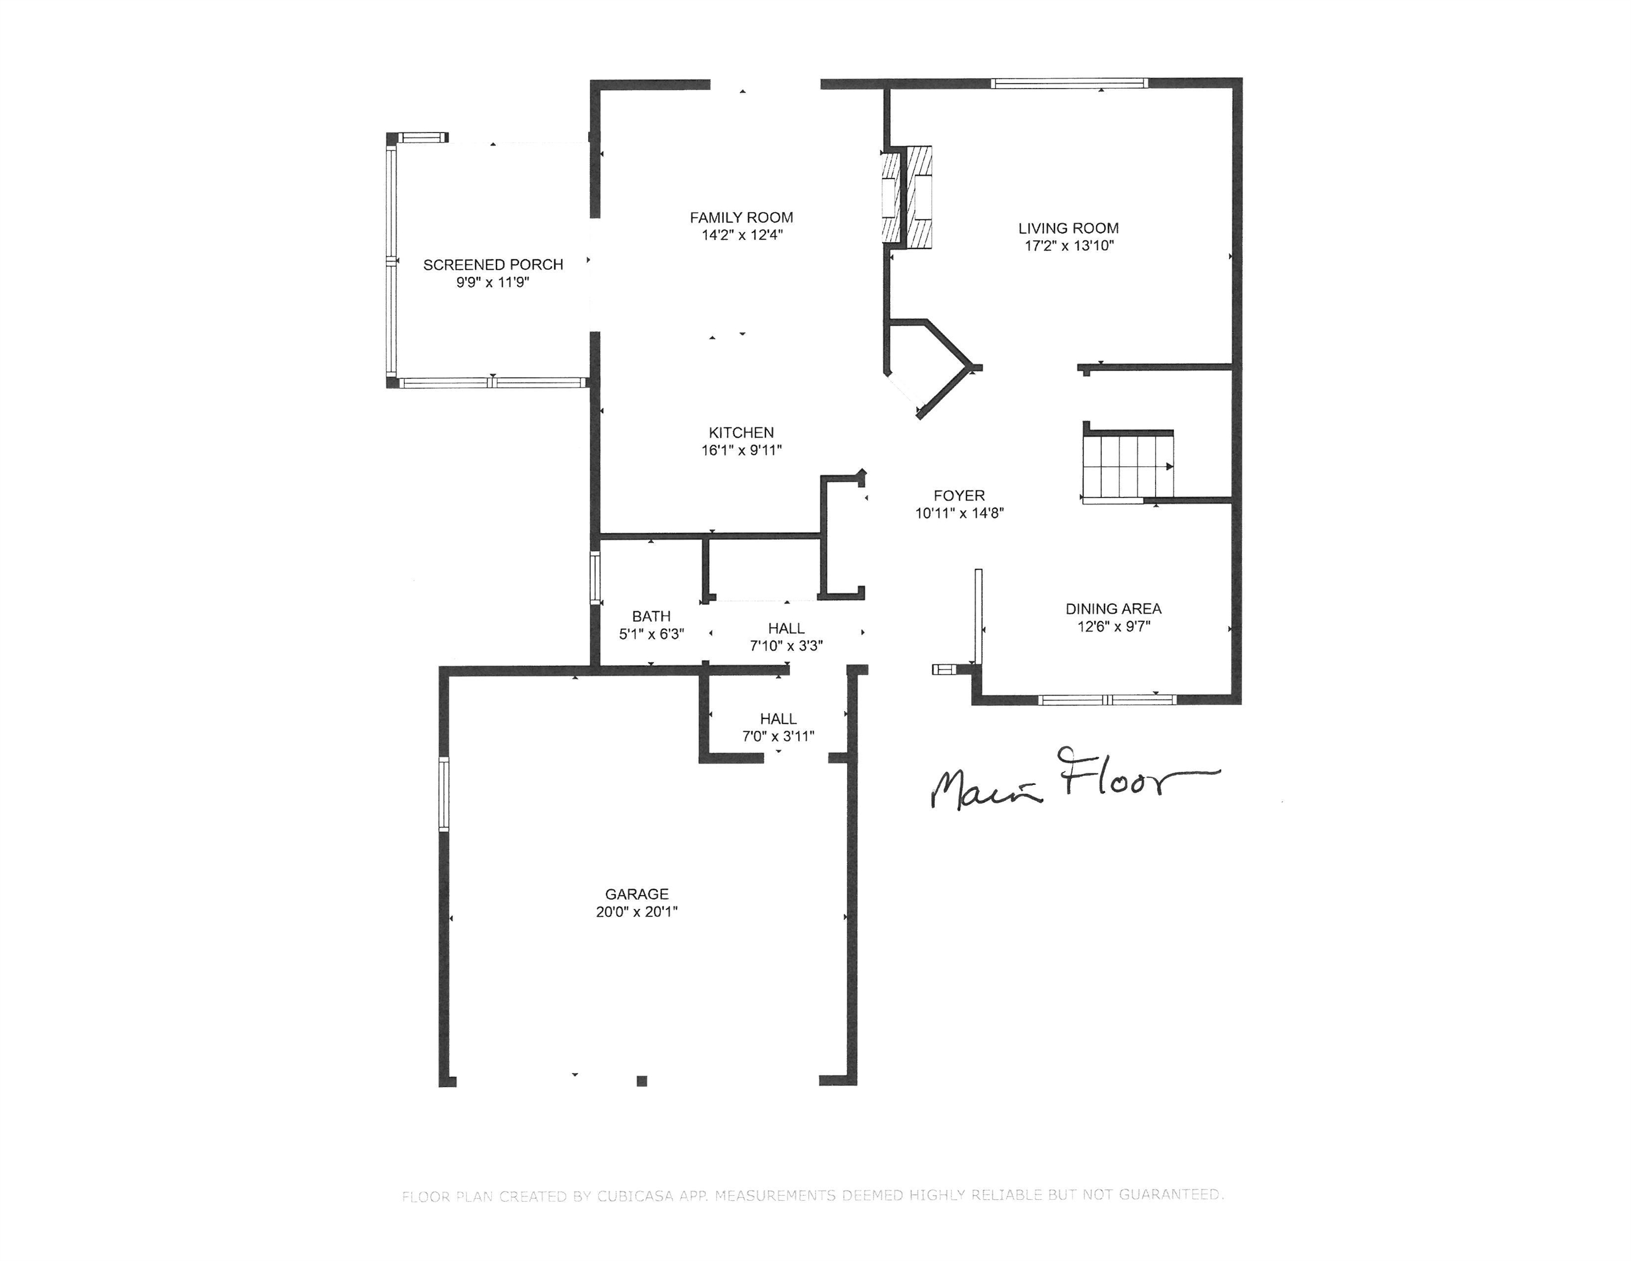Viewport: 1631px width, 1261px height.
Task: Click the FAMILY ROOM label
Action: tap(741, 217)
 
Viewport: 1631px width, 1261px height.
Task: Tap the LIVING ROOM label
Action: tap(1068, 228)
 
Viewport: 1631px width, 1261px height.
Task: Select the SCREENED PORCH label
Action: tap(493, 264)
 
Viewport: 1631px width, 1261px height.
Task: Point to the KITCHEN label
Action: tap(741, 432)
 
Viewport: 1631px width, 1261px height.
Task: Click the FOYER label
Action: tap(959, 495)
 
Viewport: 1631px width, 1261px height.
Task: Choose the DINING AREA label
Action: tap(1113, 609)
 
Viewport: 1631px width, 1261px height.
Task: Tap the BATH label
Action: tap(651, 616)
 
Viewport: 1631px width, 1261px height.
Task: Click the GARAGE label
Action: tap(636, 894)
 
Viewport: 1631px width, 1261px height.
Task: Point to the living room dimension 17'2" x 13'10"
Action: tap(1069, 246)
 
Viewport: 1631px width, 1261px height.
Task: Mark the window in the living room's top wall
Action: tap(1070, 83)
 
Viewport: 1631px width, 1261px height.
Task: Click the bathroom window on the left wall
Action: tap(595, 577)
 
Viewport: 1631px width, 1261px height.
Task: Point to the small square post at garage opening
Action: tap(641, 1080)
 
